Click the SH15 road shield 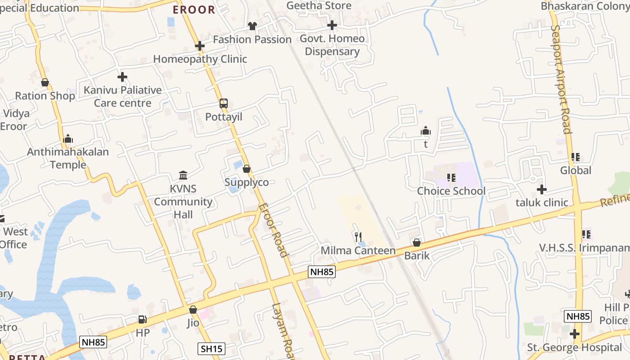211,348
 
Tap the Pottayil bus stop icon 224,103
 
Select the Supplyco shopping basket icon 247,169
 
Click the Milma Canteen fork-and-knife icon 358,236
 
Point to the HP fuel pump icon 142,319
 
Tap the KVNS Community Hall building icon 183,175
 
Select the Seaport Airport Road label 561,79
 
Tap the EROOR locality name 194,9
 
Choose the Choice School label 451,191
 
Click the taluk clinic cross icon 542,189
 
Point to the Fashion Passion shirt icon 252,27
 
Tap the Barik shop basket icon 417,243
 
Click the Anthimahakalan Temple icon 68,139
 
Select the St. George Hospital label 575,347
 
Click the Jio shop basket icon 193,310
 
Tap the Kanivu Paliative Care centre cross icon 122,77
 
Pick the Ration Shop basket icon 45,83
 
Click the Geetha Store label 319,5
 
